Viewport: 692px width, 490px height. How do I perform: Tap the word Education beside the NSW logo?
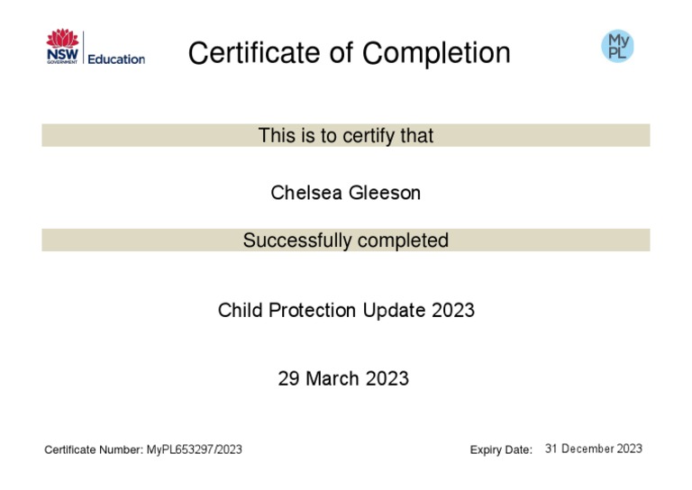click(x=116, y=59)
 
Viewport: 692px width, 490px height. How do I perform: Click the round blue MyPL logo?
click(x=617, y=45)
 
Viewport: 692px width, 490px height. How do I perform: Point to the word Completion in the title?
click(x=437, y=53)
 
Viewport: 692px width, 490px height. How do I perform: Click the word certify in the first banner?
click(x=345, y=136)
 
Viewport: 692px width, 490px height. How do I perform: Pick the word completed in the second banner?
click(x=403, y=240)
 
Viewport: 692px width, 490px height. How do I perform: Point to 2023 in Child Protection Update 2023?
click(x=453, y=311)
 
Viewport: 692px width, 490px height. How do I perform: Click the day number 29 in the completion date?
click(x=288, y=379)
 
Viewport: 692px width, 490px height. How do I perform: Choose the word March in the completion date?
click(x=332, y=379)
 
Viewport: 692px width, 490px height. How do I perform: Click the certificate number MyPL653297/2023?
click(x=194, y=449)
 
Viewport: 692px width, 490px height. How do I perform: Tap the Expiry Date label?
click(x=501, y=449)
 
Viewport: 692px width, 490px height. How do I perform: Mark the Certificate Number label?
click(x=94, y=449)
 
